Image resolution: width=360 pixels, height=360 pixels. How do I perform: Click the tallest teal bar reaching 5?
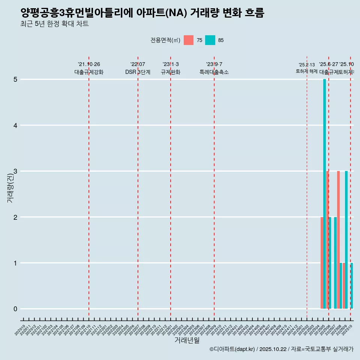pos(324,194)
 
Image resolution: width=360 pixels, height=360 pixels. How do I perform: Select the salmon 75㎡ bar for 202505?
pos(322,263)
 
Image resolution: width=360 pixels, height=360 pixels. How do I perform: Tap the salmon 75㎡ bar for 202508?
pos(338,240)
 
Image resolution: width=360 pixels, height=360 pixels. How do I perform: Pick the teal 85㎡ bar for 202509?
pos(346,240)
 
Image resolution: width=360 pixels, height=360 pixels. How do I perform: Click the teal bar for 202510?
pos(352,286)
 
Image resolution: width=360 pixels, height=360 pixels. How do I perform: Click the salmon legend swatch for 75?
pos(189,40)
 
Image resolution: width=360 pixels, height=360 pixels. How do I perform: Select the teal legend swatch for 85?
pos(210,40)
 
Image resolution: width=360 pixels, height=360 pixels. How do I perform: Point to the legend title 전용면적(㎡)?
pos(165,40)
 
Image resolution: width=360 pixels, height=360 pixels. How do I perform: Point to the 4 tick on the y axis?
pos(15,125)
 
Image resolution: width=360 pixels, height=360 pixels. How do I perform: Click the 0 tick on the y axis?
pos(15,309)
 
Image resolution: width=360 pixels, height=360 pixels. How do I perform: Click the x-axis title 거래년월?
pos(187,340)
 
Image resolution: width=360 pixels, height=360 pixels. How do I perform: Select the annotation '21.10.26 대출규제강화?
pos(89,68)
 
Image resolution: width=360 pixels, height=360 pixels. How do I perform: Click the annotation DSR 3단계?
pos(138,72)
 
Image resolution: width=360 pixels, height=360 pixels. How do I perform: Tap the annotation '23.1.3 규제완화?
pos(171,68)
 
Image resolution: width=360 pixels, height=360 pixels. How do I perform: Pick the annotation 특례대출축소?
pos(214,72)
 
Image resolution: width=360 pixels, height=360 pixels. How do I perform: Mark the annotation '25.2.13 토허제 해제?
pos(307,68)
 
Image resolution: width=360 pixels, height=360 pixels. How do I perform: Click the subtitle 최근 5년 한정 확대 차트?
pos(55,24)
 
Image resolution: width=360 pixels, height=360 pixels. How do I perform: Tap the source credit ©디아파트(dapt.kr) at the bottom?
pos(232,349)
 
